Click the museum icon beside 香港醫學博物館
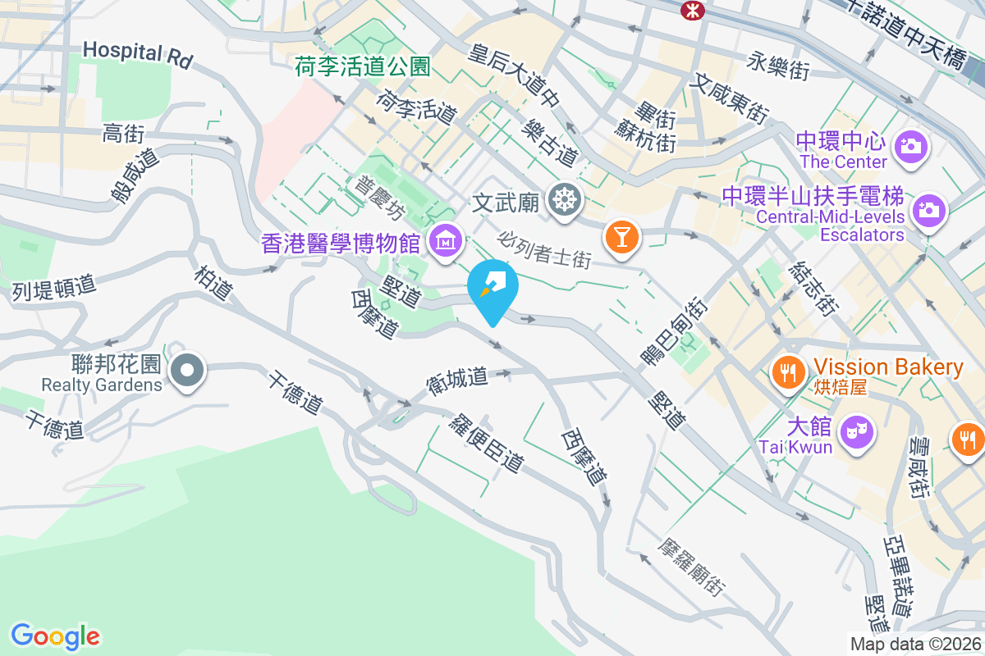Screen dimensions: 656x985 click(x=445, y=242)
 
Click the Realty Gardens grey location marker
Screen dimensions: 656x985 click(x=188, y=371)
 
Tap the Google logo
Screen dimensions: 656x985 click(x=55, y=635)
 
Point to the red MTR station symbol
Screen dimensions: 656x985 click(x=692, y=9)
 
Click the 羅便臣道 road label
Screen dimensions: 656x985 click(x=486, y=443)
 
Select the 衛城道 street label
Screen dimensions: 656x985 click(x=457, y=380)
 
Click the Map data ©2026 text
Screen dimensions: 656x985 click(x=915, y=645)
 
